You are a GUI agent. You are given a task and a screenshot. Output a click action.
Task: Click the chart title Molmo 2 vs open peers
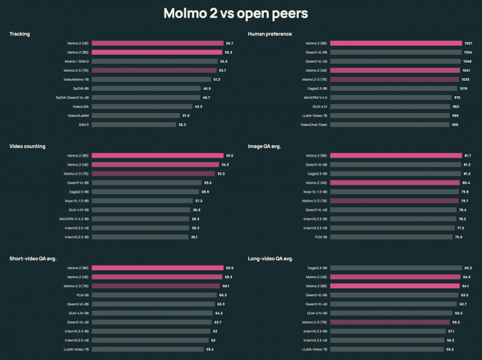pyautogui.click(x=241, y=13)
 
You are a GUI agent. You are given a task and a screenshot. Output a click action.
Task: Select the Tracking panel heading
pyautogui.click(x=20, y=34)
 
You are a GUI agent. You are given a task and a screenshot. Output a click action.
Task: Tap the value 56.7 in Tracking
pyautogui.click(x=230, y=43)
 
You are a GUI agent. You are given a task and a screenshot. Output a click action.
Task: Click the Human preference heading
pyautogui.click(x=269, y=34)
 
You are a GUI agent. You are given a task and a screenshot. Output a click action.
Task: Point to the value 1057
pyautogui.click(x=468, y=43)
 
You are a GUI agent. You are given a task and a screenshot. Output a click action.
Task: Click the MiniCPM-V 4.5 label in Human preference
pyautogui.click(x=314, y=98)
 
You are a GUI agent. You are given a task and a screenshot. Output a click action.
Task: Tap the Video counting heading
pyautogui.click(x=27, y=146)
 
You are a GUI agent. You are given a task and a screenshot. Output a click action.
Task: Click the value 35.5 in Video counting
pyautogui.click(x=230, y=156)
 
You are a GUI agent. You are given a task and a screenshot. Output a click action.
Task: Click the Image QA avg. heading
pyautogui.click(x=266, y=146)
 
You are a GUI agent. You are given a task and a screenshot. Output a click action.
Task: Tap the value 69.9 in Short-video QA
pyautogui.click(x=230, y=268)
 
